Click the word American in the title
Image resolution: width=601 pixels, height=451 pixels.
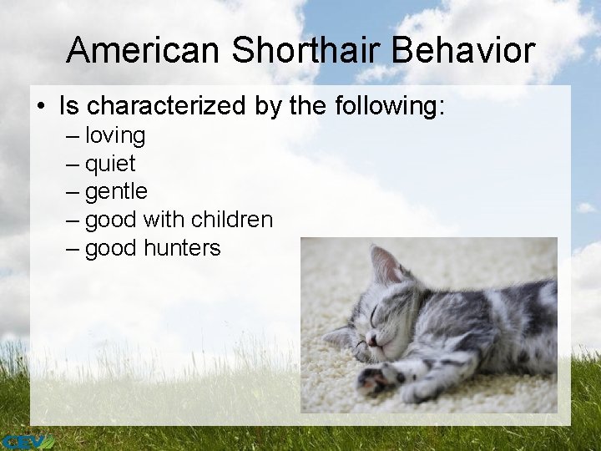tap(144, 51)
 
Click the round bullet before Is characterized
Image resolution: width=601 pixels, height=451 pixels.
tap(41, 107)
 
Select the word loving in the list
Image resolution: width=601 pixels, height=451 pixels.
tap(115, 135)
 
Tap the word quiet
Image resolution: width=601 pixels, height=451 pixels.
tap(110, 164)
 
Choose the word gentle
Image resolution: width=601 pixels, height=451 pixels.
tap(116, 192)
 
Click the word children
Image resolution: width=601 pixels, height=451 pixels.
tap(231, 220)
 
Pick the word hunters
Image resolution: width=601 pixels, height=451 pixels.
tap(182, 248)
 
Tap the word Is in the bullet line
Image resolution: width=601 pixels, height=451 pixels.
tap(69, 106)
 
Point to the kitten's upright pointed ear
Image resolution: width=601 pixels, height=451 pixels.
tap(385, 265)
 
